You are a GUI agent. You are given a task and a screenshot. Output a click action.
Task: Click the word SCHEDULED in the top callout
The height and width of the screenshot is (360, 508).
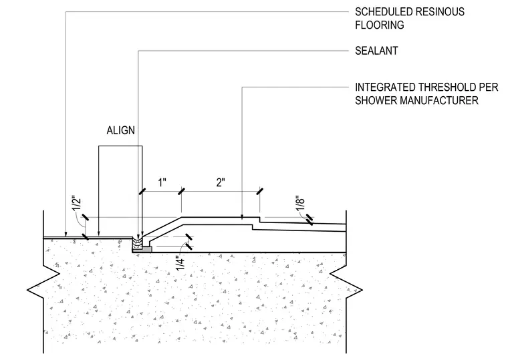click(383, 12)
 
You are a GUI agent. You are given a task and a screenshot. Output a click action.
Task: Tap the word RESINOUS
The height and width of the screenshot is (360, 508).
click(440, 12)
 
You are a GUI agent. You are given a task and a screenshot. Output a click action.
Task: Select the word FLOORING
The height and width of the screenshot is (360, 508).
click(380, 25)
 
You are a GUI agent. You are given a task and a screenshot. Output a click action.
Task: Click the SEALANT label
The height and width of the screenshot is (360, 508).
click(376, 51)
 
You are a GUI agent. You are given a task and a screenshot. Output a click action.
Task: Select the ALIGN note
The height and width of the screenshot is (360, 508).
click(120, 130)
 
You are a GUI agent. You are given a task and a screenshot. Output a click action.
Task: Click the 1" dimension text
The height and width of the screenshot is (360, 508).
click(162, 182)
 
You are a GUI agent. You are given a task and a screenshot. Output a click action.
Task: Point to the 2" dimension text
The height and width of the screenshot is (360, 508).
click(221, 182)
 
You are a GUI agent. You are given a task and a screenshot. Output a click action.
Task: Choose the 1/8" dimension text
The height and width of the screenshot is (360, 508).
click(300, 203)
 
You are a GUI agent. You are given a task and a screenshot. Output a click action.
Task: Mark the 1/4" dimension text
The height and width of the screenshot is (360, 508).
click(180, 263)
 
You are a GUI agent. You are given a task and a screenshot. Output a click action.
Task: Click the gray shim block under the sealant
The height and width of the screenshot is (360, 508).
click(142, 249)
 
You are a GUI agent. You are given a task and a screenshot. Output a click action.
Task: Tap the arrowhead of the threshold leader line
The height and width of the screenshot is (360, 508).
click(242, 217)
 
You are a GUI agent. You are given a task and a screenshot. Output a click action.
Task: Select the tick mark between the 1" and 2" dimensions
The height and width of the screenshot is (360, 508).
click(181, 191)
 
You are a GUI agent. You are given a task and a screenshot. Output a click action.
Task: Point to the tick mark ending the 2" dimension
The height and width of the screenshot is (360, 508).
click(259, 191)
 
